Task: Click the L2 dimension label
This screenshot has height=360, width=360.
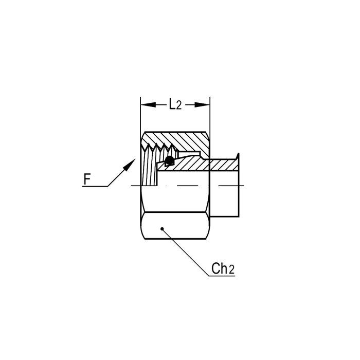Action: (x=175, y=104)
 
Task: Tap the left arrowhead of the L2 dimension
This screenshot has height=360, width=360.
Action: (x=148, y=105)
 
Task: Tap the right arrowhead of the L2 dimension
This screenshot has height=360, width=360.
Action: (x=202, y=105)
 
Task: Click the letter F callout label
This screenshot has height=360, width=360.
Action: (x=87, y=179)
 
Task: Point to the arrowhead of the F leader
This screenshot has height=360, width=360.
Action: (x=130, y=164)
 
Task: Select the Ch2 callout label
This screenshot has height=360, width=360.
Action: (x=223, y=268)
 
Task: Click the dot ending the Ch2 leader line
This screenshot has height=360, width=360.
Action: (x=162, y=229)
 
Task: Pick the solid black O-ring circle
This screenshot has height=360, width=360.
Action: (x=169, y=160)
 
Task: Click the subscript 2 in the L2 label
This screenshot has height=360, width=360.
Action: (x=179, y=105)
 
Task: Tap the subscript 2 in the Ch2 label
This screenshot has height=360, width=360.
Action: (x=231, y=270)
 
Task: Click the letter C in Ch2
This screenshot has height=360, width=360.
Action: (x=216, y=268)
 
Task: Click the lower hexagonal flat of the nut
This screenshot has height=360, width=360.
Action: (x=175, y=226)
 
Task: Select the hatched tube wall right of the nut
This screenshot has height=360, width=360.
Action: (x=224, y=165)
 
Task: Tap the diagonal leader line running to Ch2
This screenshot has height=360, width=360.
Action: (x=185, y=252)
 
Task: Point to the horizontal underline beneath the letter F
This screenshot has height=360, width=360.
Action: (x=95, y=186)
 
